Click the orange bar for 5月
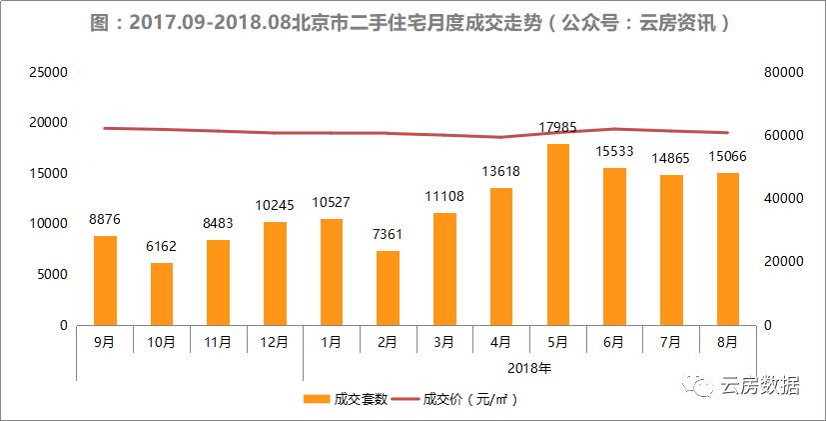[557, 235]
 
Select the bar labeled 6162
[162, 294]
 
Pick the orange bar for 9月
[105, 280]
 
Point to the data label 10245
[275, 205]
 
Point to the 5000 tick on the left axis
[53, 275]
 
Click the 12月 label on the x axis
[275, 342]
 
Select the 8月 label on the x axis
[727, 342]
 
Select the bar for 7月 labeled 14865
[671, 250]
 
